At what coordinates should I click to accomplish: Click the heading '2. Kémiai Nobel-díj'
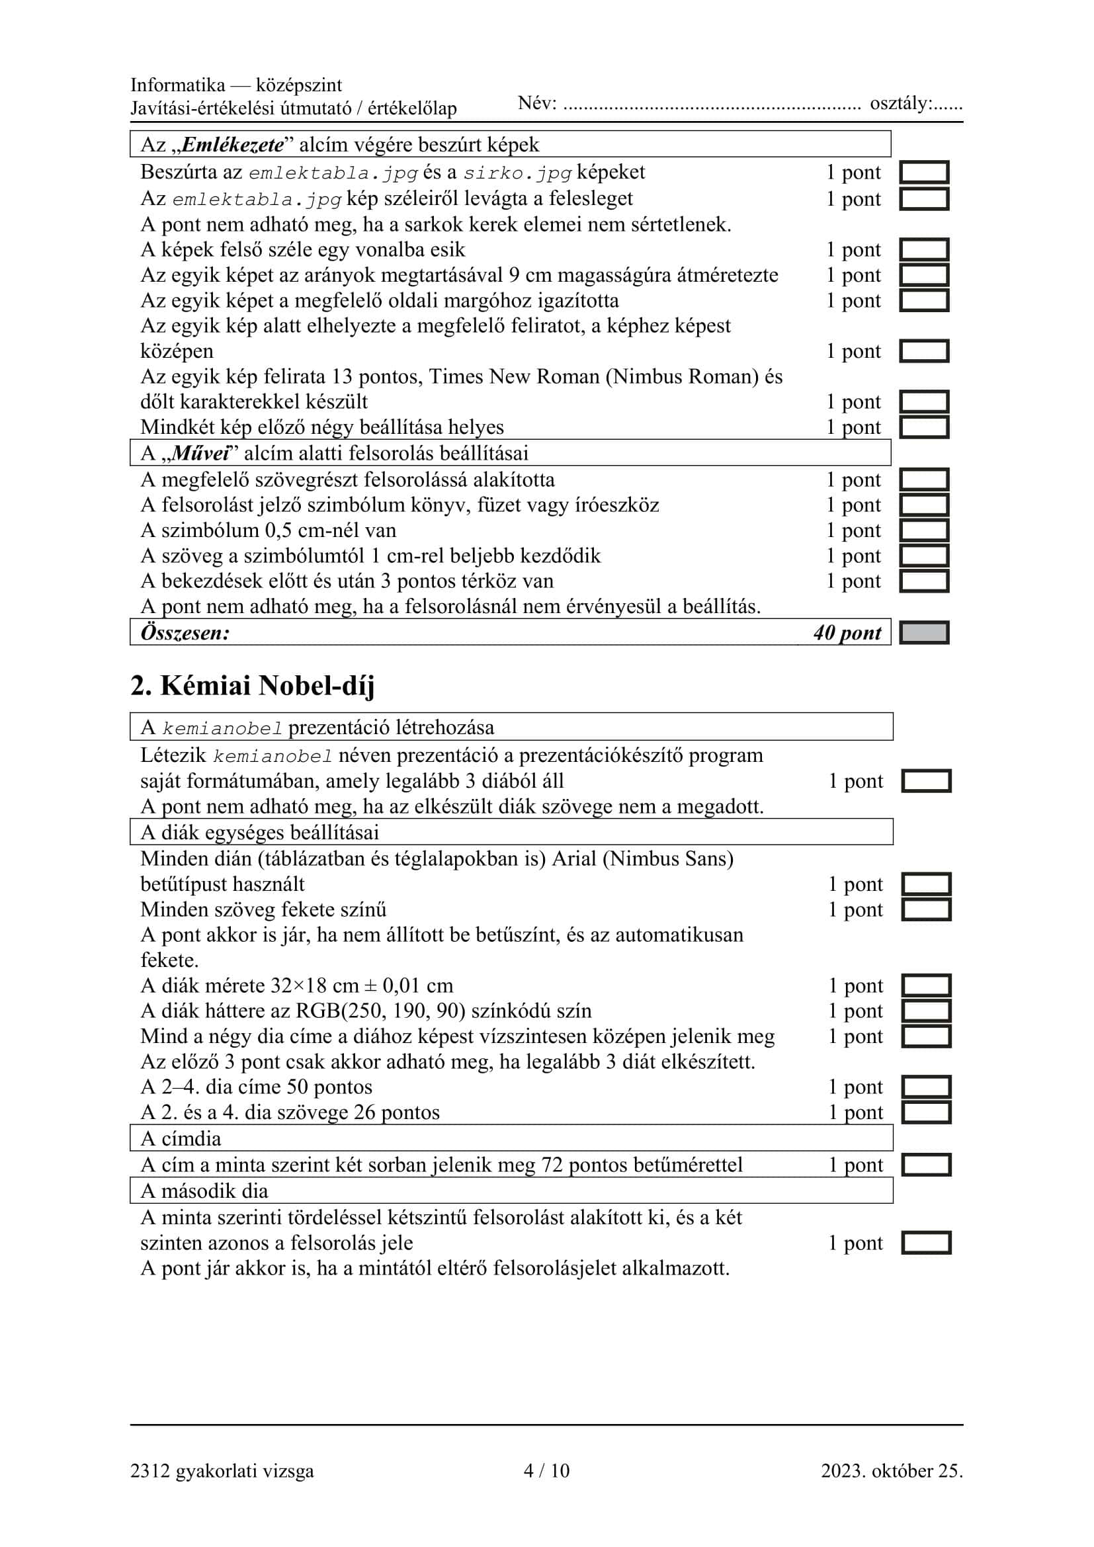[x=252, y=686]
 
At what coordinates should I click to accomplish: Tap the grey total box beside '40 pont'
[x=923, y=633]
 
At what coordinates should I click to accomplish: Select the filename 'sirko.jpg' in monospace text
[x=517, y=173]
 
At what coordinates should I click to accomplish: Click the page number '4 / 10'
[x=546, y=1470]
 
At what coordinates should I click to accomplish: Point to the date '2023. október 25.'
[x=891, y=1470]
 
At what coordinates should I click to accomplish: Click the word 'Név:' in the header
[x=537, y=103]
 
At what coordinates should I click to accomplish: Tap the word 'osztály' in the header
[x=901, y=103]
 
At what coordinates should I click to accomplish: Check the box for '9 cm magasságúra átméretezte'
[x=923, y=275]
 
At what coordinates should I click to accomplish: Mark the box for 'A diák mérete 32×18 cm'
[x=925, y=985]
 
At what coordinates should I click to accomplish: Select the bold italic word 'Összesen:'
[x=185, y=633]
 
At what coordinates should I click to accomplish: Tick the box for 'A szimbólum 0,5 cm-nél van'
[x=923, y=530]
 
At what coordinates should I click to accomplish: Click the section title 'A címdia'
[x=181, y=1138]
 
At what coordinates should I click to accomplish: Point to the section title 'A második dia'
[x=204, y=1191]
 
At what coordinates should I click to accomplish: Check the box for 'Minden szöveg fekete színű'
[x=925, y=909]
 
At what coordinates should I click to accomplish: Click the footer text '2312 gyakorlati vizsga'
[x=222, y=1470]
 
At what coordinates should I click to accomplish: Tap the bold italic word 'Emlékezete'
[x=232, y=145]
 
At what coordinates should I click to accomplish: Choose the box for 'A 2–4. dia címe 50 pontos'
[x=925, y=1087]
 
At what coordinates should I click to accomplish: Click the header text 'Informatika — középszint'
[x=235, y=85]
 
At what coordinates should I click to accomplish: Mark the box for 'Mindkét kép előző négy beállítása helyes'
[x=923, y=427]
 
